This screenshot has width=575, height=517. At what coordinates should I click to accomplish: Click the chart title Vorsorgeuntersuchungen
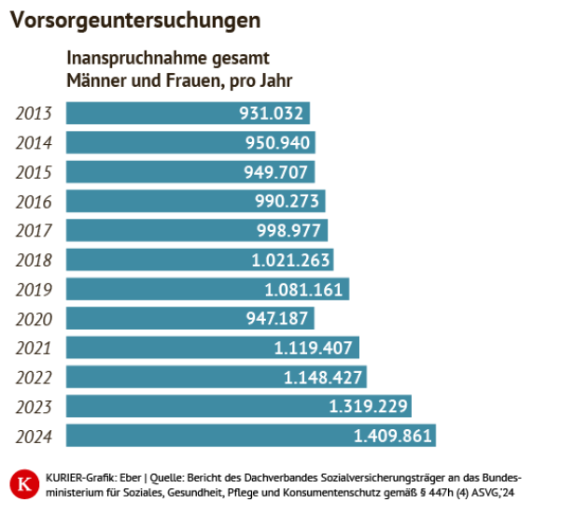135,20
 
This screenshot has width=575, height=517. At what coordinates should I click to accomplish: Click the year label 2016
34,201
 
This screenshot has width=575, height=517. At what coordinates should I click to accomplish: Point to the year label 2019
34,289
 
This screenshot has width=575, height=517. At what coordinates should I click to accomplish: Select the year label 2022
34,377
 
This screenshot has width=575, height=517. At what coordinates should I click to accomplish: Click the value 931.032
272,113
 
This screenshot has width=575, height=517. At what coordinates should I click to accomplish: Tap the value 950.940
277,143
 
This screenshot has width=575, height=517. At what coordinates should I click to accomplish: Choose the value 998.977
289,231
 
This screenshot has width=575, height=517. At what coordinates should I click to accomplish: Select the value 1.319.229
368,407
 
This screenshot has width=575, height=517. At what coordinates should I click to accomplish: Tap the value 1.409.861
392,436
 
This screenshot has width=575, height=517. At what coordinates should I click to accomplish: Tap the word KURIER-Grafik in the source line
76,476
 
